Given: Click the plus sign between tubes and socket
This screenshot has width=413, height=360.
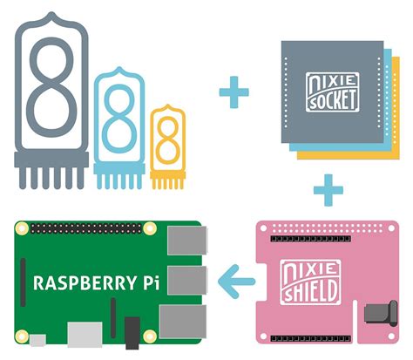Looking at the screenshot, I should click(233, 92).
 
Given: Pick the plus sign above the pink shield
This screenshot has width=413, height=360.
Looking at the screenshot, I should click(328, 188).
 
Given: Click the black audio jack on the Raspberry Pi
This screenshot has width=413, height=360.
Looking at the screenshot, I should click(132, 332).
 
